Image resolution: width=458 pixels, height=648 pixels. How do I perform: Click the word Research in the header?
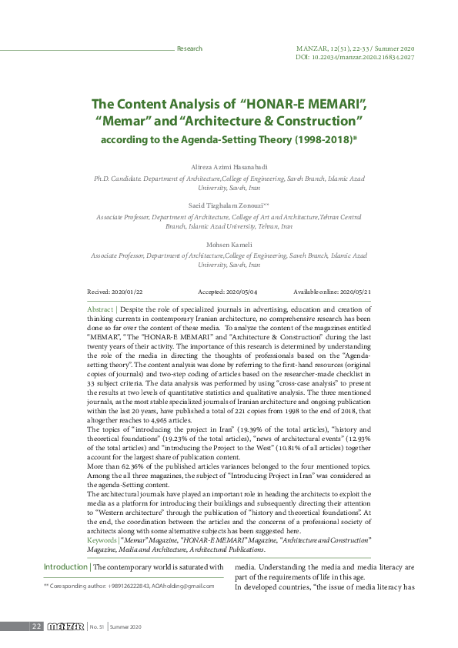click(x=189, y=48)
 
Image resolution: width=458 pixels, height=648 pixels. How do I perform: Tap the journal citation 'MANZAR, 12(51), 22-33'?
click(x=336, y=48)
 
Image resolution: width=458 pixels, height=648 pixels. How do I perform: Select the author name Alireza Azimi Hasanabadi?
click(x=229, y=165)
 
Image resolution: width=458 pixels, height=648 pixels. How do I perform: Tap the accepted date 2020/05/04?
click(x=243, y=292)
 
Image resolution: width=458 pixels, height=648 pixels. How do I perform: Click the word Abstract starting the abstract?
click(x=101, y=307)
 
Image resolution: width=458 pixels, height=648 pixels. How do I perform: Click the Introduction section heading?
click(x=65, y=567)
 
